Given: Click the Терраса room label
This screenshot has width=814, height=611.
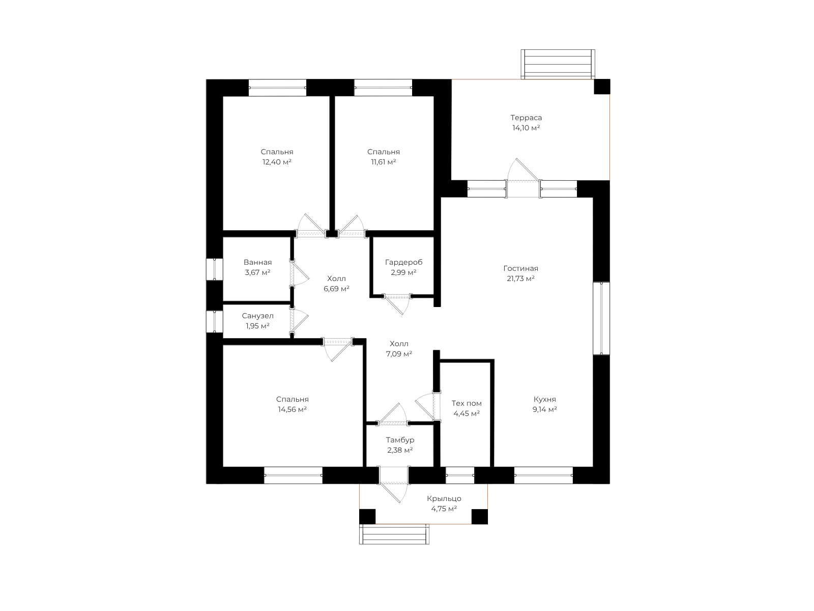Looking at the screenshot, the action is point(526,118).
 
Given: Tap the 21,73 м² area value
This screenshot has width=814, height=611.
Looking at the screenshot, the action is point(520,278).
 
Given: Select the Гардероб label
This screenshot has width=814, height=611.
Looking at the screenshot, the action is point(403,262).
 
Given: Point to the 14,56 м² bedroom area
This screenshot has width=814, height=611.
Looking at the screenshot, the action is point(292,409).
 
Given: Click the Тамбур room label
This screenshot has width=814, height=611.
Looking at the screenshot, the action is point(400,440).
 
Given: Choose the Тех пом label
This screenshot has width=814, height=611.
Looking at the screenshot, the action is point(467,403).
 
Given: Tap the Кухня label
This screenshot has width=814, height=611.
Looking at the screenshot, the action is point(544,399).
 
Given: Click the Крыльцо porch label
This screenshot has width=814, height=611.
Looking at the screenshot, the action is point(444,498).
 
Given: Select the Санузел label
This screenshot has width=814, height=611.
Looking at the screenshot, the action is point(258,316).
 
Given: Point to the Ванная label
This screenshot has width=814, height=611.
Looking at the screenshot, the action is point(258,262).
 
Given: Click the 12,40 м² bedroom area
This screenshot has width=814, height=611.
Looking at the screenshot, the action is point(277,162).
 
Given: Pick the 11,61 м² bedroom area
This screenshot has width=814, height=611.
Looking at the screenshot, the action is point(384,162).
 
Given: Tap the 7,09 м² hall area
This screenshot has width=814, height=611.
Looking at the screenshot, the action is point(399,354).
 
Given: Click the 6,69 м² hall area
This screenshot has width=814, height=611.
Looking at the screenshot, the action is point(336,289).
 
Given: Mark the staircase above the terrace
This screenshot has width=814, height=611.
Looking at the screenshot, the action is point(558,64).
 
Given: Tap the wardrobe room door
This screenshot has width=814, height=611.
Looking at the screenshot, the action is point(397,304).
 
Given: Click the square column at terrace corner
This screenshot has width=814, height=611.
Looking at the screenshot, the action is point(602,87).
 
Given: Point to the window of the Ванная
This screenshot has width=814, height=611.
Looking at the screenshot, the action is point(214,269).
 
